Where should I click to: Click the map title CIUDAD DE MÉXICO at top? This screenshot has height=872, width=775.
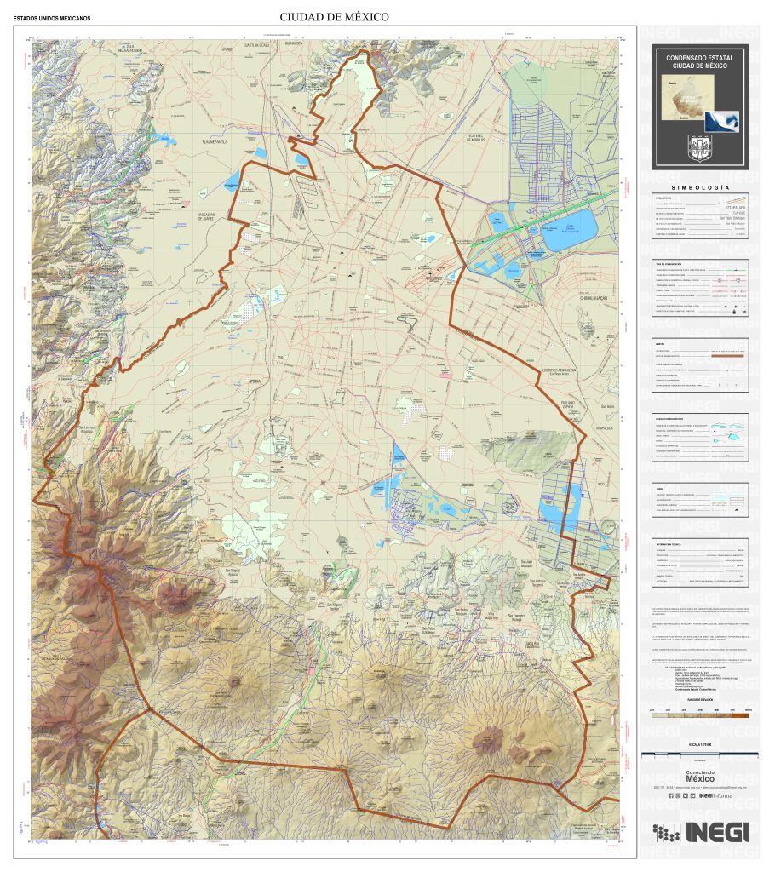334,17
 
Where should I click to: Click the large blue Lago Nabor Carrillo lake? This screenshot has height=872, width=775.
563,232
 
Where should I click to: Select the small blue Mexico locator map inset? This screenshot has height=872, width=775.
720,120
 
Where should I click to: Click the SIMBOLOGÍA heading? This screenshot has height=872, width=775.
700,186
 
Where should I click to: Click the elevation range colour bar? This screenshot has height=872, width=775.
699,716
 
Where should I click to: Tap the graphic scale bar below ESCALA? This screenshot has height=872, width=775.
699,754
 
